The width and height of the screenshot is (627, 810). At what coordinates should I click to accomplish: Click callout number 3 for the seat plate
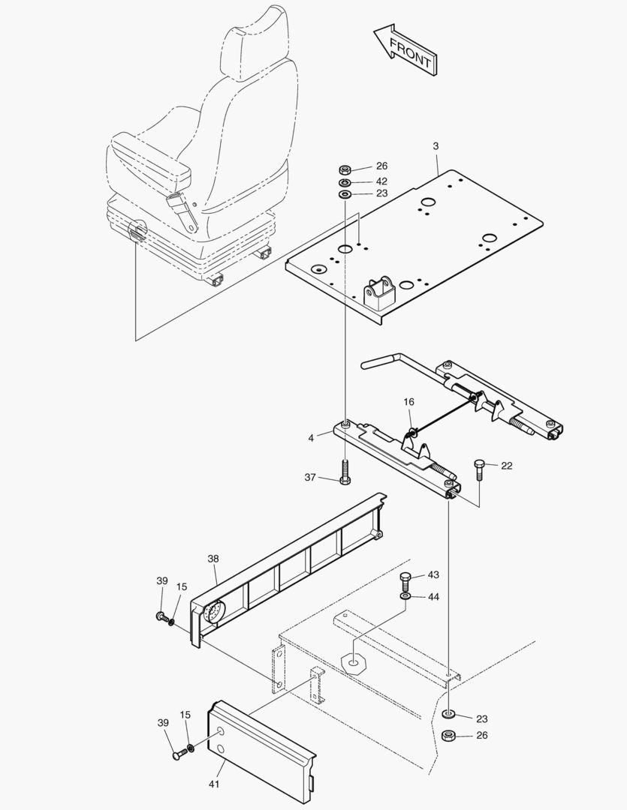click(x=436, y=145)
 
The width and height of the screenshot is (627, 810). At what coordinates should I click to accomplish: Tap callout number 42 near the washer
click(x=381, y=181)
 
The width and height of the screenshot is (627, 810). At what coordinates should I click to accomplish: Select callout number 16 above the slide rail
click(x=408, y=403)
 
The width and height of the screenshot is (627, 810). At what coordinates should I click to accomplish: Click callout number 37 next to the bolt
click(x=310, y=477)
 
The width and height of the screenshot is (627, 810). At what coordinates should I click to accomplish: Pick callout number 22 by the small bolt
click(x=507, y=466)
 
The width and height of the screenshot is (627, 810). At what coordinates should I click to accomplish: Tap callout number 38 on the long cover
click(x=213, y=558)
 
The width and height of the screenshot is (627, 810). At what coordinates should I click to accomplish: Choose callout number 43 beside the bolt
click(x=433, y=574)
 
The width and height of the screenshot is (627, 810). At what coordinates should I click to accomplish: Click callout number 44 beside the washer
click(x=433, y=597)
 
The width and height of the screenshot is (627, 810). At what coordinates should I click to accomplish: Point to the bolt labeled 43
click(x=405, y=579)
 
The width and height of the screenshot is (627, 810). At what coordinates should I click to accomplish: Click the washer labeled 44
click(x=405, y=596)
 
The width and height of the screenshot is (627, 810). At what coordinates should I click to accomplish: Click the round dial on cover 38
click(x=213, y=613)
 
